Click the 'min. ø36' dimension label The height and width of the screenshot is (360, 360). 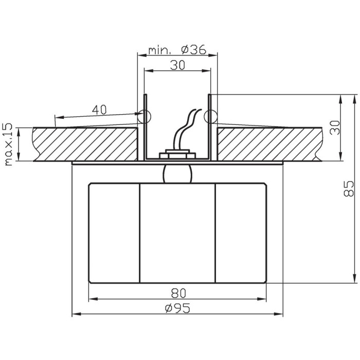click(x=177, y=50)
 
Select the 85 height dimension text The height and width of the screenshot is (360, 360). click(x=349, y=189)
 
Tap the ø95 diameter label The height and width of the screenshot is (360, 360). click(x=177, y=308)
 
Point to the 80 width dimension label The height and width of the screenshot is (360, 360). click(x=178, y=293)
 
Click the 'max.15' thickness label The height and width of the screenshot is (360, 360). click(x=9, y=145)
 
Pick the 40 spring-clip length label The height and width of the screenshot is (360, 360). click(x=99, y=110)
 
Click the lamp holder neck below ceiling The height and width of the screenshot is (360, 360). click(x=177, y=174)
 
